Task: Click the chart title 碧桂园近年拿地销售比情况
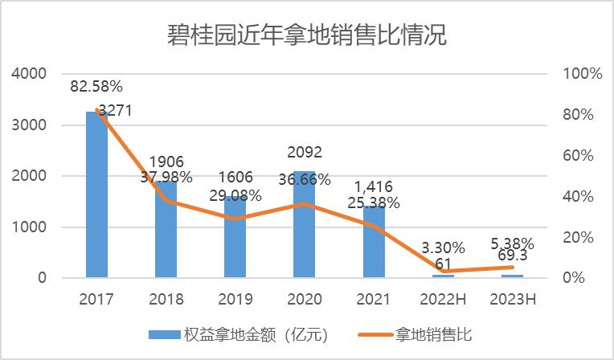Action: [307, 35]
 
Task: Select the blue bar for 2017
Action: [96, 201]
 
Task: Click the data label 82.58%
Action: [96, 85]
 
